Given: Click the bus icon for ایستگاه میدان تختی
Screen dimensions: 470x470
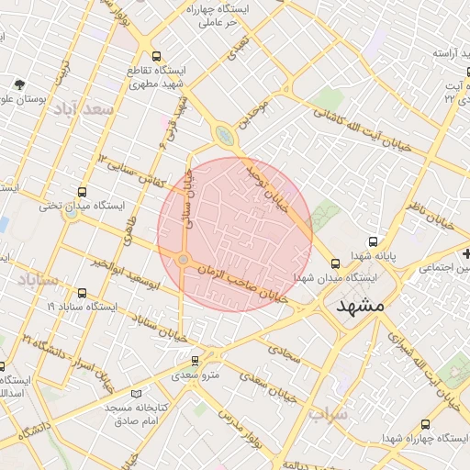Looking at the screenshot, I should tap(83, 193).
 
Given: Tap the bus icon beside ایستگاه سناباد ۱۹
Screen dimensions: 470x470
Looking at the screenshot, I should tap(83, 294).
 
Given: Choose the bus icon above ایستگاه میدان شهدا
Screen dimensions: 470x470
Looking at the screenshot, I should tap(334, 263).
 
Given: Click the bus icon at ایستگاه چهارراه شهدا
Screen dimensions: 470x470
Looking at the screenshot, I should tap(424, 424).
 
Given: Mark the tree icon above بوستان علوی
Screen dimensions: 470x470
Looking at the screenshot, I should tap(20, 84).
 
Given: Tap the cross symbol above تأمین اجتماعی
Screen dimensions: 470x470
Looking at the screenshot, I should tap(467, 253).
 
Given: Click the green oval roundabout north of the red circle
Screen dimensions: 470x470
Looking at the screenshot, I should tap(224, 137).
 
